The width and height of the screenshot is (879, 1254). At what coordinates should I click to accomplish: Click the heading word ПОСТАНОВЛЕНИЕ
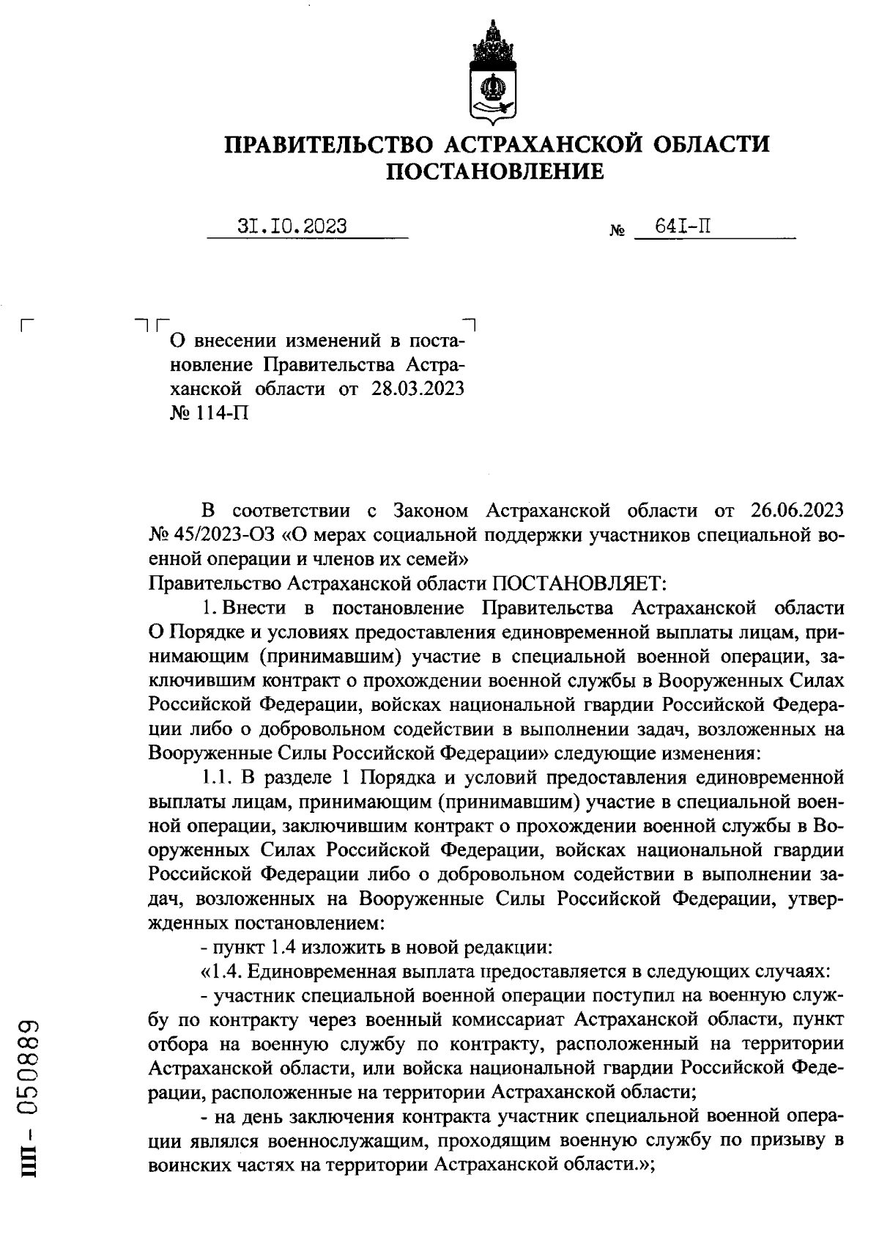coord(495,171)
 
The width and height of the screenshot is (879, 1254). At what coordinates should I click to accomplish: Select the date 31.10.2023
coord(293,226)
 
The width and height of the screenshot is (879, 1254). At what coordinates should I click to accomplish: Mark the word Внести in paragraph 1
coord(256,608)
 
